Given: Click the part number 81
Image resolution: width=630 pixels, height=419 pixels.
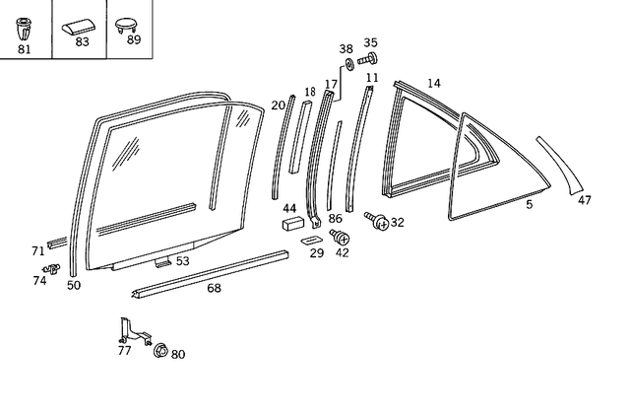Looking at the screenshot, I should click(25, 48).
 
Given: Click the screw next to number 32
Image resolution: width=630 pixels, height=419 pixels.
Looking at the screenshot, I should click(376, 221).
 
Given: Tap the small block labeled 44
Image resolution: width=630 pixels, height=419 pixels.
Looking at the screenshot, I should click(292, 225).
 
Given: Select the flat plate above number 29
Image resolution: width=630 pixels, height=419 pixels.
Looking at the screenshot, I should click(312, 239).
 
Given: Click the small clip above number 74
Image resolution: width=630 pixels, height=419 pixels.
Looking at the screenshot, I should click(53, 267).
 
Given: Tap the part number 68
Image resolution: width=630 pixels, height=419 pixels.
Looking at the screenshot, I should click(214, 288).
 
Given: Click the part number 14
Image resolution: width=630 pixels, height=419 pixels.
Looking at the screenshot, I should click(434, 83).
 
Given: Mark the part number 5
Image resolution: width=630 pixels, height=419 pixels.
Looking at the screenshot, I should click(529, 204).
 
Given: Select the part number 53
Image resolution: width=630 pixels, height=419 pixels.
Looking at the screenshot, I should click(182, 261).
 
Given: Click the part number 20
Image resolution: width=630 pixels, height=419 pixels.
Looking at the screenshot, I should click(278, 105).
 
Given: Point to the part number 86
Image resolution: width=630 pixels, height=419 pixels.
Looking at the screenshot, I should click(336, 218).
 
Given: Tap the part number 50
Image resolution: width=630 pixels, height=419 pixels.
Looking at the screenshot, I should click(73, 285).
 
